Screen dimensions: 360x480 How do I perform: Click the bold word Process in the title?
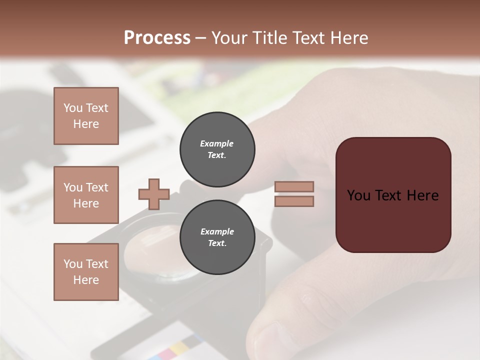pyautogui.click(x=157, y=38)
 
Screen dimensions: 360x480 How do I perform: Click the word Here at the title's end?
pyautogui.click(x=348, y=38)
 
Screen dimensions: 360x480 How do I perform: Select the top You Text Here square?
pyautogui.click(x=86, y=116)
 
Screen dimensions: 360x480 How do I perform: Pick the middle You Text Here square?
pyautogui.click(x=86, y=195)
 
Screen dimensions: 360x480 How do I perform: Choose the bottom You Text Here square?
pyautogui.click(x=86, y=272)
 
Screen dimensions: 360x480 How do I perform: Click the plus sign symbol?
pyautogui.click(x=154, y=194)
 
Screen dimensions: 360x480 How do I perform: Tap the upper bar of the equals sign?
pyautogui.click(x=294, y=187)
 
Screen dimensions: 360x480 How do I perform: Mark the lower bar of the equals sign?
pyautogui.click(x=294, y=201)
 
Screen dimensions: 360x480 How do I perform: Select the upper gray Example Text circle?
pyautogui.click(x=217, y=149)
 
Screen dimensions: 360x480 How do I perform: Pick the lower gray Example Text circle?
pyautogui.click(x=217, y=237)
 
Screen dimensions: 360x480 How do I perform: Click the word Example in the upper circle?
pyautogui.click(x=217, y=143)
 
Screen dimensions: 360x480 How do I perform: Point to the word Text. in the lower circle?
pyautogui.click(x=217, y=243)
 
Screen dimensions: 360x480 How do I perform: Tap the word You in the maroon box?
pyautogui.click(x=358, y=195)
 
